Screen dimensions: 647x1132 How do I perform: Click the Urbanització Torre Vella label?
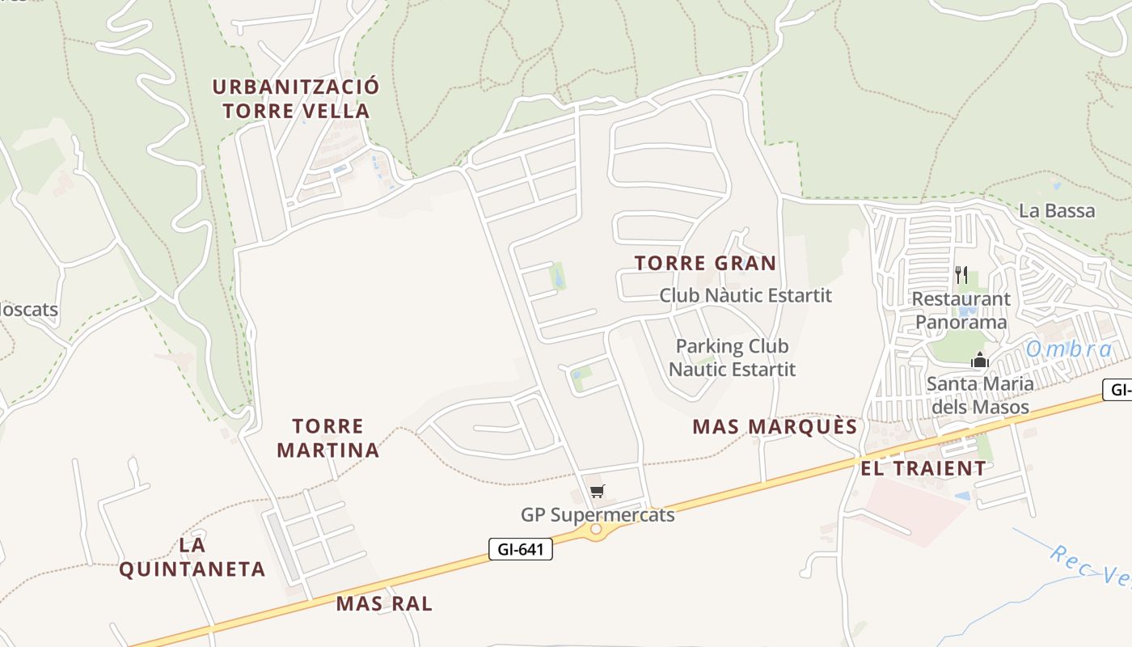tap(296, 99)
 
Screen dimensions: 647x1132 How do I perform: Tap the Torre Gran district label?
tap(705, 263)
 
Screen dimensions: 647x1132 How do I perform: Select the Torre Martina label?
tap(328, 438)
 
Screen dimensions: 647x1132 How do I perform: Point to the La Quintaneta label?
tap(192, 556)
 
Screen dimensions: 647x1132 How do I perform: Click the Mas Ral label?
tap(384, 603)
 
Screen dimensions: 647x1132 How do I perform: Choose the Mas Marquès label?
tap(775, 427)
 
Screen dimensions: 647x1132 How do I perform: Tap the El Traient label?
tap(923, 468)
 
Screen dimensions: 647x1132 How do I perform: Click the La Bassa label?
tap(1057, 211)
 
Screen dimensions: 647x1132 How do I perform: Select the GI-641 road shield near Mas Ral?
tap(521, 550)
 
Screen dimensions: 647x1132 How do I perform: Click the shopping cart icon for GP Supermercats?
tap(598, 491)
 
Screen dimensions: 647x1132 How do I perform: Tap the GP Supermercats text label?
tap(598, 514)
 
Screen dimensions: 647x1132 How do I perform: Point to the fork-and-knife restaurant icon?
tap(961, 275)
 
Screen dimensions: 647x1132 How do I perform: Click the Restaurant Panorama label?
tap(961, 311)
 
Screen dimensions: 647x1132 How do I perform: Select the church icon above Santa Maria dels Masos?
tap(980, 360)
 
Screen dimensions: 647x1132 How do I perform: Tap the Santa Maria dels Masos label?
tap(980, 395)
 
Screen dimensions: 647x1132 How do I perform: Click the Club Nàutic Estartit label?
tap(746, 295)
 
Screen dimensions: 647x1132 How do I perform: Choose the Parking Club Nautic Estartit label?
tap(732, 357)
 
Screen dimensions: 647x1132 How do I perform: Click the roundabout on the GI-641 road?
tap(596, 529)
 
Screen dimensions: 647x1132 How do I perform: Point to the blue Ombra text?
tap(1070, 349)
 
